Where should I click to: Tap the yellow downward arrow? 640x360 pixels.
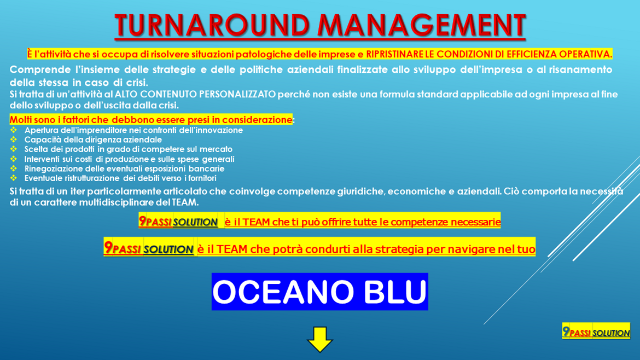pos(320,339)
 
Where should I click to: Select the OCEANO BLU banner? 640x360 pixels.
pos(320,292)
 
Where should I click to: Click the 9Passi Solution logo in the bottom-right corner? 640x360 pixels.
pos(596,332)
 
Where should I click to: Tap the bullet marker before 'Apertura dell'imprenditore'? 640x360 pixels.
pos(14,130)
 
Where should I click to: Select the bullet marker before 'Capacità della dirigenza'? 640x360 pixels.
pos(14,140)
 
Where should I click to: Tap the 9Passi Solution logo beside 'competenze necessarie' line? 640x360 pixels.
pos(178,222)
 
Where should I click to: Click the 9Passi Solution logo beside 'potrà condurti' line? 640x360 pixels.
pos(149,249)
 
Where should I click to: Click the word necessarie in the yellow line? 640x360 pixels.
pos(476,222)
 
